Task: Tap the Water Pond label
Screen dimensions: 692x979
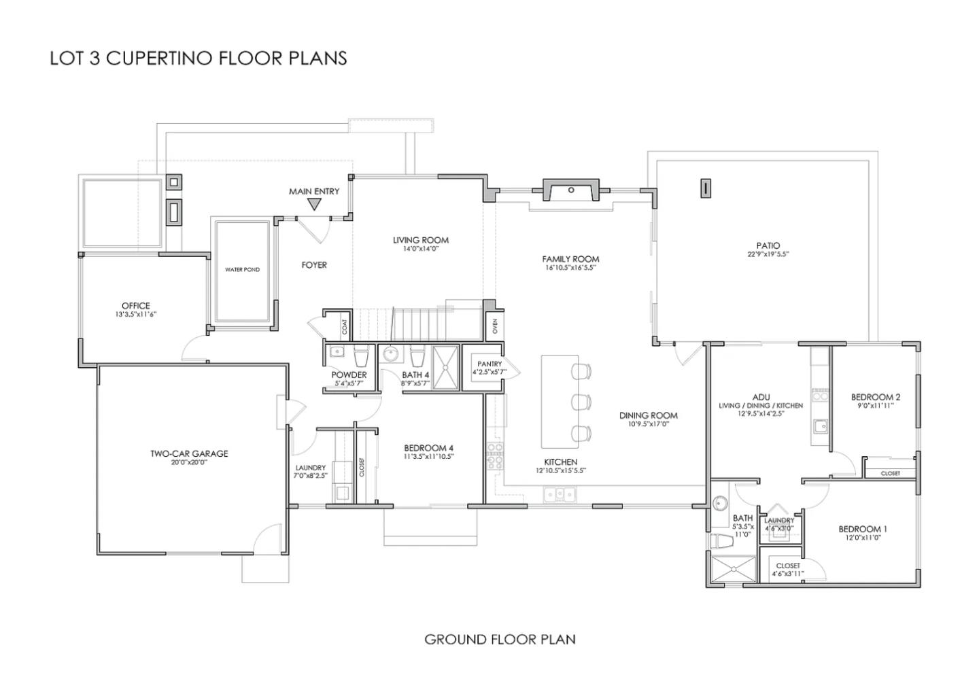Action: click(242, 270)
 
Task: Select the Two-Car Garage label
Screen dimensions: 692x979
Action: click(189, 453)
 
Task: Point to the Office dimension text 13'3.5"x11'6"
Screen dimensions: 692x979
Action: click(136, 315)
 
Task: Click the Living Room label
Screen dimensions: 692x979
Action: click(420, 240)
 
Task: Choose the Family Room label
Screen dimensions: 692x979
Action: click(570, 259)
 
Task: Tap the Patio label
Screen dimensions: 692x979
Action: click(768, 245)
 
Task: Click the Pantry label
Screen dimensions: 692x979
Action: click(489, 364)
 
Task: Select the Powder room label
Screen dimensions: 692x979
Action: click(349, 375)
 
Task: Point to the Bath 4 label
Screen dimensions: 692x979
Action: click(415, 375)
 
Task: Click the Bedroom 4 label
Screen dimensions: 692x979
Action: click(428, 448)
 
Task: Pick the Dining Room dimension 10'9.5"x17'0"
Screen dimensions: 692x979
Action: click(648, 424)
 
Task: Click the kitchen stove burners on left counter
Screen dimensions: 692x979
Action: click(494, 454)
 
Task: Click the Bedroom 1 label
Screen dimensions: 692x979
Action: click(862, 529)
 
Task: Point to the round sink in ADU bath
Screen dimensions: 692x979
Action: click(721, 504)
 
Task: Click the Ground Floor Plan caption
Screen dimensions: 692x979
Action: click(500, 639)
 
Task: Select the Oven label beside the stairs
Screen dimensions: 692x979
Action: click(495, 326)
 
